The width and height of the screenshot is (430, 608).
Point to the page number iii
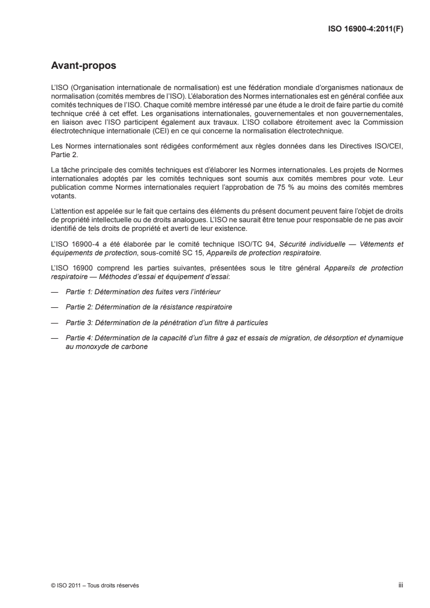401,585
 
